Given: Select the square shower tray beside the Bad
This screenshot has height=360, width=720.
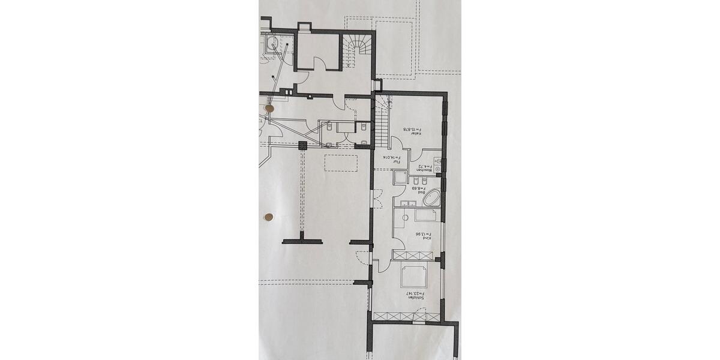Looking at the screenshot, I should coord(400,178).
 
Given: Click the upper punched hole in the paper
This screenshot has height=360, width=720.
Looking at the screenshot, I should coord(269,109).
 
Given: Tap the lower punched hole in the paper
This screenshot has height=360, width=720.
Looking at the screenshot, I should coord(269,216).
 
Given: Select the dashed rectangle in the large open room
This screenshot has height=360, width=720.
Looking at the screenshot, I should coord(341,163).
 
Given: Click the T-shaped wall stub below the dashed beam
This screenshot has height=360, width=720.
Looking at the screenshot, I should coord(302,241).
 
